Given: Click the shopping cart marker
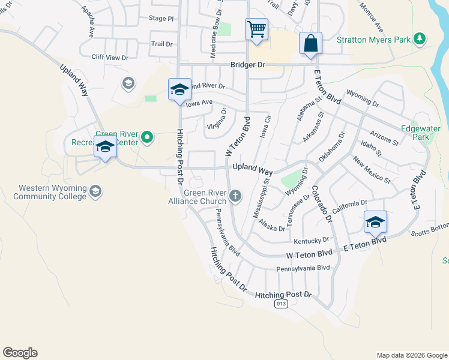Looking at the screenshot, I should [256, 29].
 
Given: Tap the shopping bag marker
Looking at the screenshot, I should [310, 43].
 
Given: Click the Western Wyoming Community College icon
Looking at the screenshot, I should [95, 191].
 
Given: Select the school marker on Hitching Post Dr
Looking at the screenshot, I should [179, 90].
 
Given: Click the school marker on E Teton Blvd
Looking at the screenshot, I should [375, 223].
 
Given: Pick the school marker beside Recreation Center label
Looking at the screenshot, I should [105, 147].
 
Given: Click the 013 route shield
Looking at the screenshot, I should [280, 304].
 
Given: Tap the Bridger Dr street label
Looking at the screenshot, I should [247, 65].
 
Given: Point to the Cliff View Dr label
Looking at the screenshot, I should [110, 58].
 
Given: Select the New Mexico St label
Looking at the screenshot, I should [372, 170].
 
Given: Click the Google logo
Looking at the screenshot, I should [20, 353].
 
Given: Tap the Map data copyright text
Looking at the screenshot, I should [411, 355].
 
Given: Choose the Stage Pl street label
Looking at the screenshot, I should [161, 19].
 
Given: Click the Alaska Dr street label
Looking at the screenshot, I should [272, 226].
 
